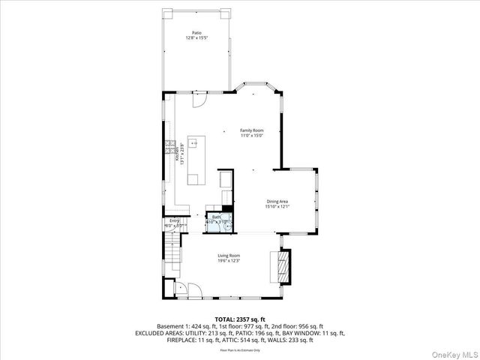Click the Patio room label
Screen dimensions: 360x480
[x=196, y=33]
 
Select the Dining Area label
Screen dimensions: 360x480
[x=277, y=201]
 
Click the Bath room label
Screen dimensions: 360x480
[x=216, y=217]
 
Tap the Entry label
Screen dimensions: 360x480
[x=174, y=220]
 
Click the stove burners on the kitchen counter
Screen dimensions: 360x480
[x=170, y=146]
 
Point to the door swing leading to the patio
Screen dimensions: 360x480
[x=198, y=101]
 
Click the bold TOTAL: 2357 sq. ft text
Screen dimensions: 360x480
[x=239, y=319]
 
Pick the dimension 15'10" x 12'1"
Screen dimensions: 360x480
[x=277, y=206]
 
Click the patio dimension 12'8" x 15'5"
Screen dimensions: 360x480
[x=196, y=38]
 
